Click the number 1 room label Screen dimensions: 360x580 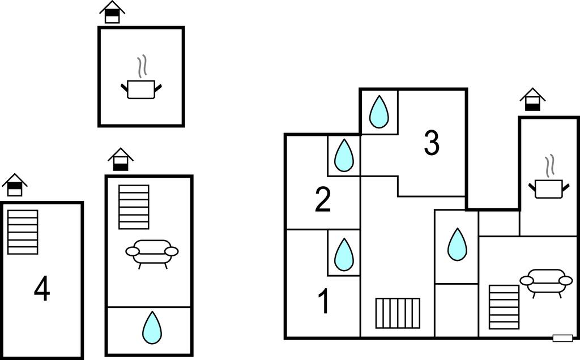click(323, 301)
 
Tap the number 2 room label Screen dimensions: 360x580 click(322, 199)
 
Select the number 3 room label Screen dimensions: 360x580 click(432, 143)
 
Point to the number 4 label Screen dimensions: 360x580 click(42, 290)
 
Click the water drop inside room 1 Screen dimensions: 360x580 click(344, 255)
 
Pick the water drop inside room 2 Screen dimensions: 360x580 click(344, 155)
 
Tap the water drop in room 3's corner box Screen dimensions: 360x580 click(379, 112)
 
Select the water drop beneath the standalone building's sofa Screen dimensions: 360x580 click(151, 328)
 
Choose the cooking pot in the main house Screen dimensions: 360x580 click(549, 187)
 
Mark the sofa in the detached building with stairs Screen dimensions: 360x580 click(152, 252)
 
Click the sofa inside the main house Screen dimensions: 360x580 click(546, 281)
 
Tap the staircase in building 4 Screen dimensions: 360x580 click(23, 232)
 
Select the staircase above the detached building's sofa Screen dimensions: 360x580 click(134, 207)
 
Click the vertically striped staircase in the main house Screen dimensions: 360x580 click(398, 313)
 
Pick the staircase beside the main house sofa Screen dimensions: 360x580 click(504, 307)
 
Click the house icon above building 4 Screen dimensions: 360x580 click(15, 185)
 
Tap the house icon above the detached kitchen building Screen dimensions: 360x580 click(112, 12)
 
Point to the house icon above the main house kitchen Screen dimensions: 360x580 click(532, 100)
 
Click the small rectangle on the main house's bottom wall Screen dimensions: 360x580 click(562, 338)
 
